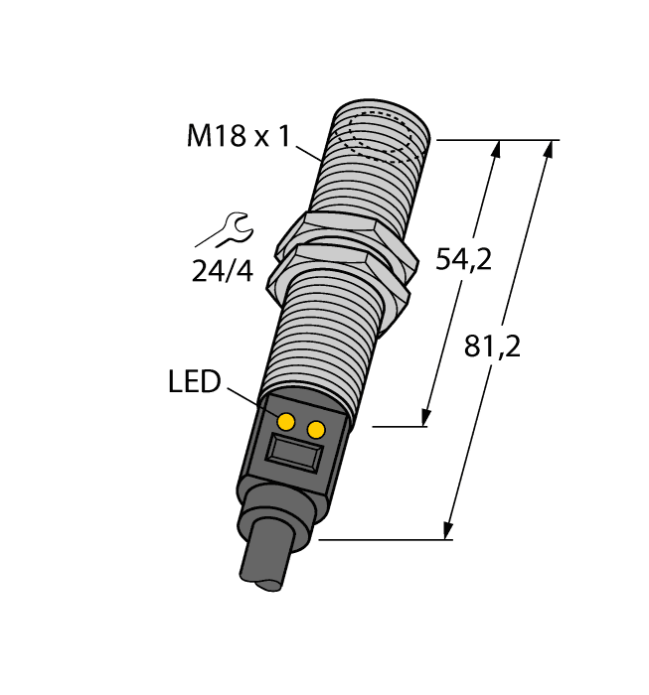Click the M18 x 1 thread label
point(238,136)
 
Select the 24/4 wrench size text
point(223,269)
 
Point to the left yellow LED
point(286,422)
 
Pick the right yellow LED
point(317,429)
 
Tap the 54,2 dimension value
point(464,260)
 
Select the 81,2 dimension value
point(493,347)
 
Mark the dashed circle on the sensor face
point(384,140)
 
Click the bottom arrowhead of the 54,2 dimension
point(427,418)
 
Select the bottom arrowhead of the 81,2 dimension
point(449,532)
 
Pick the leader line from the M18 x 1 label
point(309,150)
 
